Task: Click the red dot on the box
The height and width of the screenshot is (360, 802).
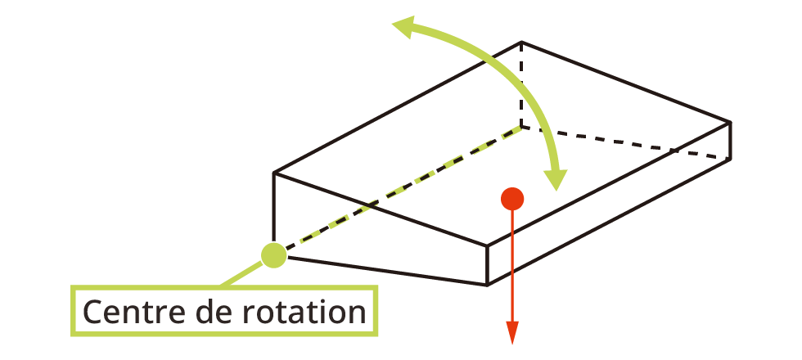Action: coord(512,198)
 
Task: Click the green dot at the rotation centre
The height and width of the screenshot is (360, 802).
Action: coord(273,255)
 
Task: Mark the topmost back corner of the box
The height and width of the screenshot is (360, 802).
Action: coord(521,42)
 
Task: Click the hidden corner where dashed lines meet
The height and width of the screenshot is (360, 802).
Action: coord(521,127)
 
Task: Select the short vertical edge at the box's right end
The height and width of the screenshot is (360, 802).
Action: coord(729,140)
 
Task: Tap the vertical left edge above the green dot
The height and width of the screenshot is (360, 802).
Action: coord(273,209)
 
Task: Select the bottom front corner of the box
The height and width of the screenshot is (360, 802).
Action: coord(488,285)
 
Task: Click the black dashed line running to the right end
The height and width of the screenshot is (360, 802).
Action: coord(626,142)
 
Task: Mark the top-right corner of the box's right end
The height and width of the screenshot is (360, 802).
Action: coord(729,122)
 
